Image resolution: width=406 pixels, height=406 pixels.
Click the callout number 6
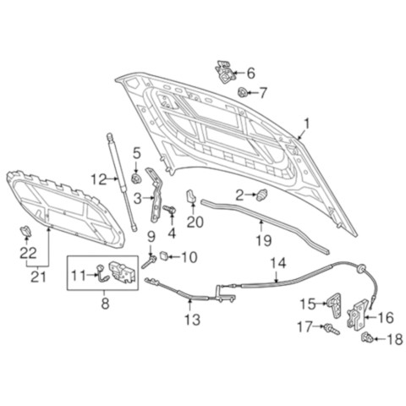pyautogui.click(x=250, y=73)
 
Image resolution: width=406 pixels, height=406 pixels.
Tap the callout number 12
pyautogui.click(x=99, y=179)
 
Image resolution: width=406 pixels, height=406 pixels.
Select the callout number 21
pyautogui.click(x=38, y=277)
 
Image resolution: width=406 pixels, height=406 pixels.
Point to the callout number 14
pyautogui.click(x=278, y=263)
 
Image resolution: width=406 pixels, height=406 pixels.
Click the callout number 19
pyautogui.click(x=264, y=240)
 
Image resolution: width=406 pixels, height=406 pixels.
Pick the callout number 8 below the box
pyautogui.click(x=105, y=304)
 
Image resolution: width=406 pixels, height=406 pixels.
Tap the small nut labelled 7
pyautogui.click(x=243, y=92)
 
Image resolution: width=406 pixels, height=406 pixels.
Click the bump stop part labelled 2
pyautogui.click(x=262, y=195)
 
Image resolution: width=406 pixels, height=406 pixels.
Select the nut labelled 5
pyautogui.click(x=136, y=178)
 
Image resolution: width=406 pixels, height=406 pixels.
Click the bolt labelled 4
pyautogui.click(x=169, y=209)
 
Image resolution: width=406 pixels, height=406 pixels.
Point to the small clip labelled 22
pyautogui.click(x=26, y=231)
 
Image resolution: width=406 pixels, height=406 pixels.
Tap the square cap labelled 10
pyautogui.click(x=164, y=255)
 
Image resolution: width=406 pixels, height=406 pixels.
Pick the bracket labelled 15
pyautogui.click(x=334, y=304)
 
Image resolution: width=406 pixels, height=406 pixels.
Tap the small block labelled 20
pyautogui.click(x=191, y=195)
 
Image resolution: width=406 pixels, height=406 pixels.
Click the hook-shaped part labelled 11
pyautogui.click(x=101, y=274)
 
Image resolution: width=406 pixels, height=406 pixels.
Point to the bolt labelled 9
pyautogui.click(x=149, y=261)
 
